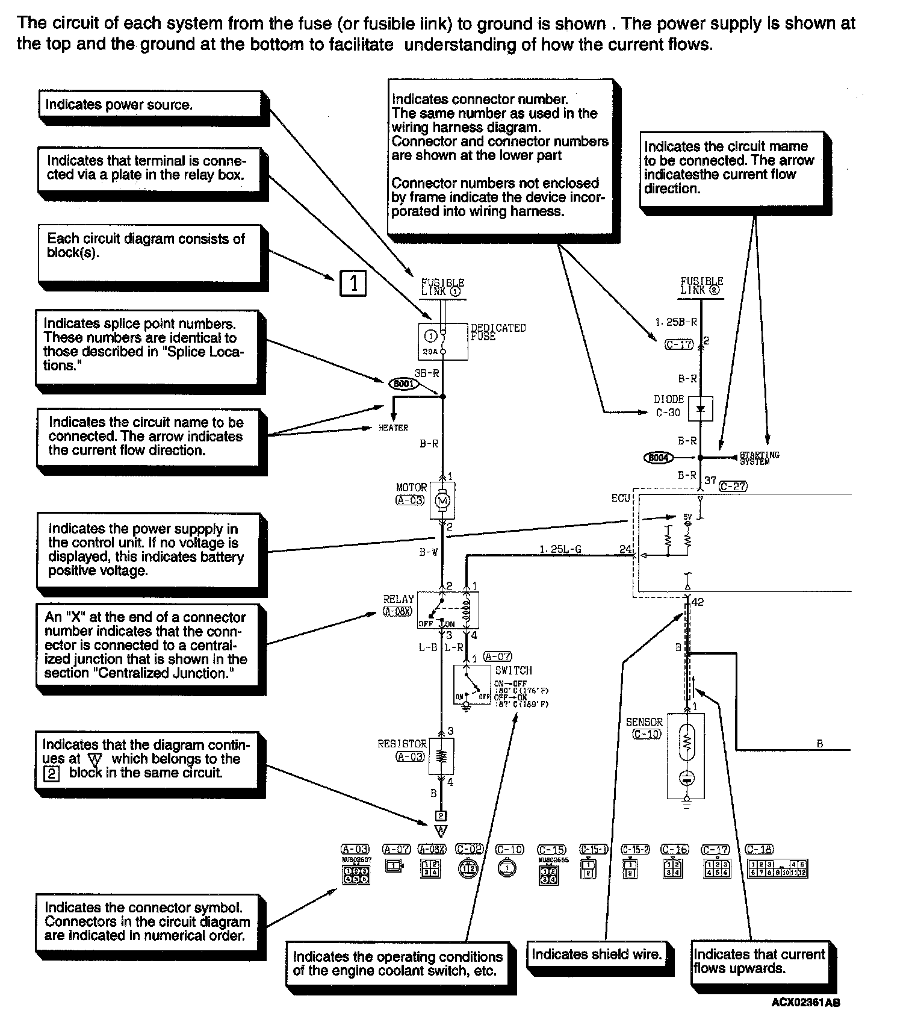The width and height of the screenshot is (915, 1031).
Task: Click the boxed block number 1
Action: [x=353, y=283]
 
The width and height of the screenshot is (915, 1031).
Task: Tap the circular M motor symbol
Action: [x=442, y=500]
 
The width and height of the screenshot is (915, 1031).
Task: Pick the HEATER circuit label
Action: [x=393, y=428]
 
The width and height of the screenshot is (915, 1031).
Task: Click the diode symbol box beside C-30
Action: [x=700, y=409]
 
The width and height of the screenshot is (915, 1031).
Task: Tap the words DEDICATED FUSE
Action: [x=498, y=332]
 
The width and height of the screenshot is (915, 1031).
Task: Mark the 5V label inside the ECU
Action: [x=688, y=517]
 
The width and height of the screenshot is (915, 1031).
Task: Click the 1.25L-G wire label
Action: [x=560, y=549]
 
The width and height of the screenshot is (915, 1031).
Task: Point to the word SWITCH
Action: [x=513, y=670]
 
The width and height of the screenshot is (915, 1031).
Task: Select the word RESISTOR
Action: [x=402, y=744]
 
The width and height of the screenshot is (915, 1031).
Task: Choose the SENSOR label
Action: [x=644, y=721]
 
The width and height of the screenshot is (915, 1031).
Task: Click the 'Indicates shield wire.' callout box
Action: [x=597, y=955]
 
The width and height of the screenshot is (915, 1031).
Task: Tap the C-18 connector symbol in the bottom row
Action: [x=777, y=868]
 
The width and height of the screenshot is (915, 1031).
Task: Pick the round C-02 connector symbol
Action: [x=470, y=868]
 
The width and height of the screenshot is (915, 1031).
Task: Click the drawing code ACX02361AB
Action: [x=805, y=1003]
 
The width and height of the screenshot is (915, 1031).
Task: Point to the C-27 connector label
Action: [x=733, y=486]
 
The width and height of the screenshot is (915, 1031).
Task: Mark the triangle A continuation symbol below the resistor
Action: [x=441, y=831]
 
